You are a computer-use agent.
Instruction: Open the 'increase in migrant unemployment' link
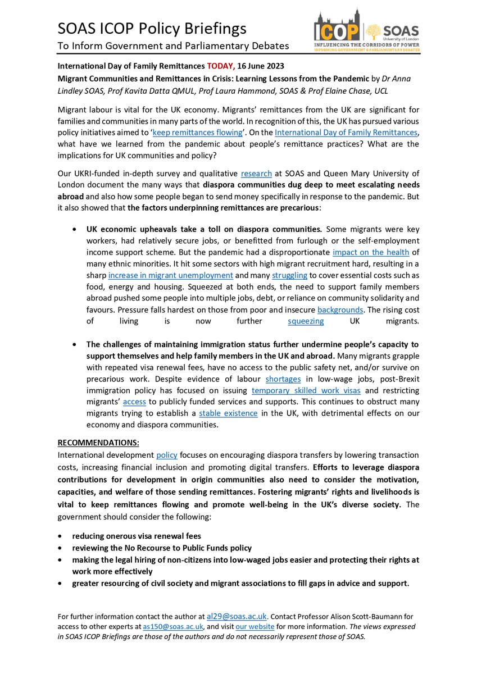tap(171, 275)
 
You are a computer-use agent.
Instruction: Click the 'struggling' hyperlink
tap(290, 275)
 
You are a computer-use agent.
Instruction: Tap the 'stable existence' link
tap(228, 413)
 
